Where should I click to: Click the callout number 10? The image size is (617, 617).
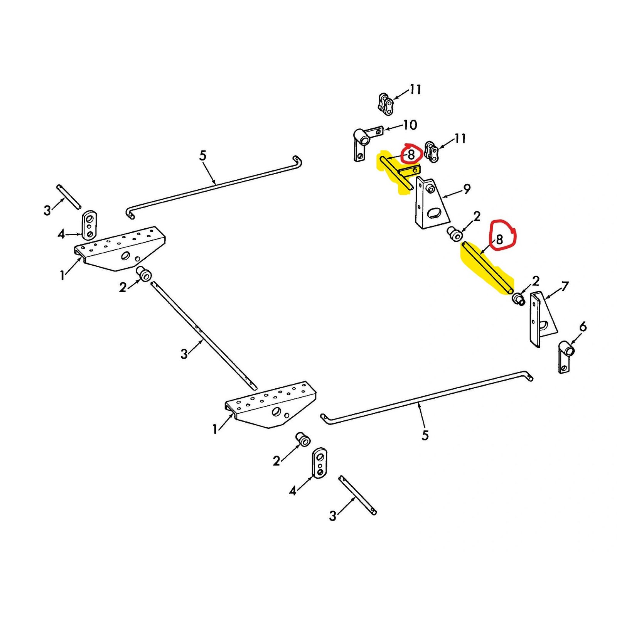tap(410, 125)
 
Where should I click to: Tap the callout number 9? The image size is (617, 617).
tap(467, 189)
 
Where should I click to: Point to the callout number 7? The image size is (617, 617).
tap(565, 287)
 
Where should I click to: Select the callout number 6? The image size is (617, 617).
tap(583, 327)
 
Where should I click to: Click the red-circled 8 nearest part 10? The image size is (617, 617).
tap(411, 155)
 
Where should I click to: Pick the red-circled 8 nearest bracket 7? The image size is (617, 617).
tap(500, 239)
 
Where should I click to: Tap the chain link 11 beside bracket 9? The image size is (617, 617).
tap(432, 153)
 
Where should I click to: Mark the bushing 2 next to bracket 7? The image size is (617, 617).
tap(518, 298)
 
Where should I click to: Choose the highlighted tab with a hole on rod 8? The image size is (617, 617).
tap(410, 170)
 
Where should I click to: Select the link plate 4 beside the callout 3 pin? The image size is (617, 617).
tap(89, 225)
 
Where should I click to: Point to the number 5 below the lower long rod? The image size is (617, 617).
tap(425, 436)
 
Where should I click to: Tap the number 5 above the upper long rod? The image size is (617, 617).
tap(203, 156)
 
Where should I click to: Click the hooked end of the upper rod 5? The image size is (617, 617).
tap(298, 162)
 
